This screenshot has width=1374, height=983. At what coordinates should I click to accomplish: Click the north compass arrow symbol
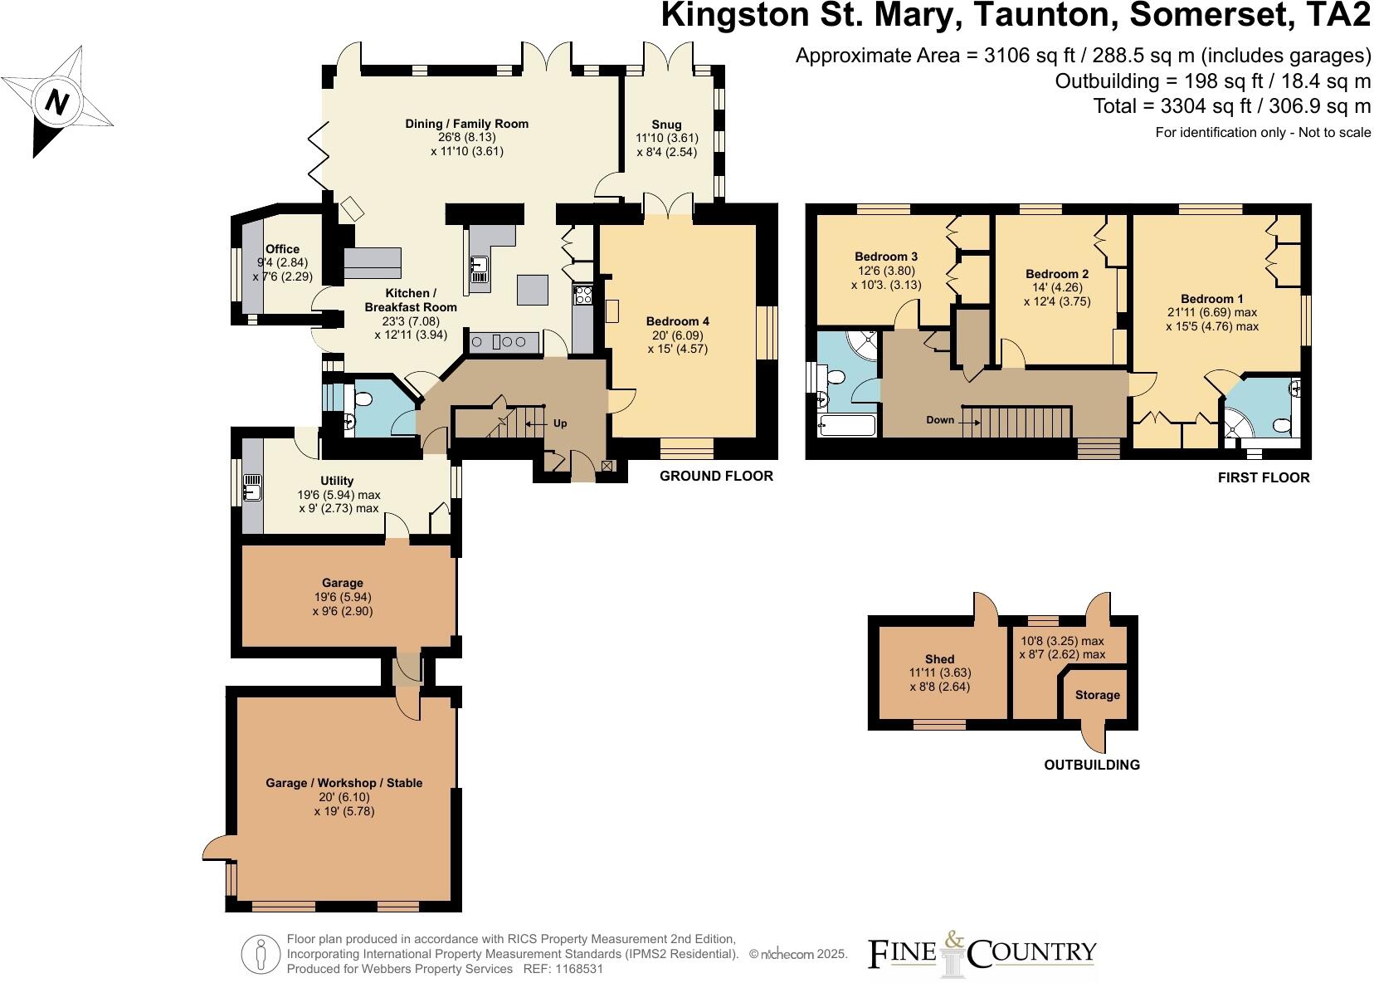click(x=56, y=101)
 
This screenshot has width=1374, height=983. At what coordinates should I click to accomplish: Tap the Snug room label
click(x=666, y=125)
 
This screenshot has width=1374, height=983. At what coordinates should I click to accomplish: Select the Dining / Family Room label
click(x=466, y=124)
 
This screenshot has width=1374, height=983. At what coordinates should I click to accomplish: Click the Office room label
click(x=282, y=248)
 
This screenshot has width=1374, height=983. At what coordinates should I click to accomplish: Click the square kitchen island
click(x=532, y=290)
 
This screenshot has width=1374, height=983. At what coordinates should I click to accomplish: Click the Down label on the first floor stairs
click(x=940, y=420)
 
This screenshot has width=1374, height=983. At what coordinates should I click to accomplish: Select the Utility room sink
click(x=252, y=489)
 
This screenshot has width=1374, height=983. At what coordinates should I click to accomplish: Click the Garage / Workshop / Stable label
click(x=343, y=782)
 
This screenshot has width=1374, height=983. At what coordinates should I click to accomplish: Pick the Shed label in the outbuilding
click(x=939, y=658)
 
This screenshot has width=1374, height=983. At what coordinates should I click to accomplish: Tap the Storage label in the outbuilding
click(x=1097, y=695)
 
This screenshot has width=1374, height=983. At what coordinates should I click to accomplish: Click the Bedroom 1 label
click(x=1211, y=299)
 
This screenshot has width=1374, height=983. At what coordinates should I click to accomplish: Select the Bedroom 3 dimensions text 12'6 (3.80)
click(x=885, y=271)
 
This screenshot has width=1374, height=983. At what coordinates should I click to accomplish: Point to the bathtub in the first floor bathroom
click(x=846, y=427)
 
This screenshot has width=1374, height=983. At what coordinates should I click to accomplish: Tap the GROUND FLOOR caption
click(x=716, y=476)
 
